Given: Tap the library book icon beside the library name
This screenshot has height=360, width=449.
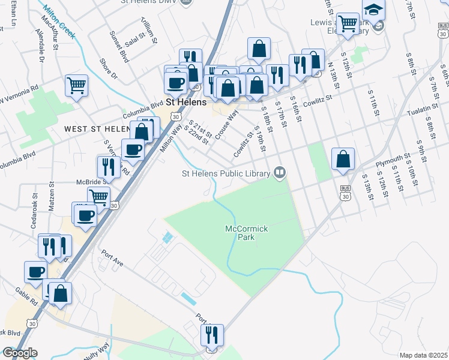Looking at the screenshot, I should (x=279, y=173).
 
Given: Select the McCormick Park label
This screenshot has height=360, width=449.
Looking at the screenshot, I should (x=246, y=233).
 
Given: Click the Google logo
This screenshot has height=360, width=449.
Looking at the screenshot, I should (x=20, y=352).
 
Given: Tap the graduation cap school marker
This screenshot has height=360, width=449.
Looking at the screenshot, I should (x=373, y=11).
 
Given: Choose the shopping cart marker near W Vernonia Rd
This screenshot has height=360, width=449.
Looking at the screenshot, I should (x=76, y=86).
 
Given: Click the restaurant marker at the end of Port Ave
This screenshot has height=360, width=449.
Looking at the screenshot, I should (x=212, y=334).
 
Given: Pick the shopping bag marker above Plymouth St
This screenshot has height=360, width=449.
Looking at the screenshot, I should (x=343, y=159).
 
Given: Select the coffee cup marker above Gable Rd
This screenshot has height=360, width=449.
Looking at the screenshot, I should (x=35, y=271).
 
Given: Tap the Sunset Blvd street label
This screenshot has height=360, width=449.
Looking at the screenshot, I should (x=119, y=48).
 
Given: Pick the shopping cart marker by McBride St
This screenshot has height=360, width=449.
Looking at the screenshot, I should (x=98, y=197).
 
